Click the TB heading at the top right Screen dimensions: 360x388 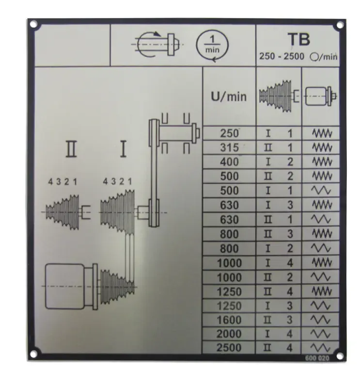[298, 40]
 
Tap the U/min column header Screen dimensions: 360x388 [229, 97]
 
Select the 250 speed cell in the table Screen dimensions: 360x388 [229, 133]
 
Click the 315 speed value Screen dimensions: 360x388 [229, 148]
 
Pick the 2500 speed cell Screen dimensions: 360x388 [229, 348]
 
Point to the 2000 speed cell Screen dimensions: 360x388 [229, 334]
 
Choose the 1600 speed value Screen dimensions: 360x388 [229, 320]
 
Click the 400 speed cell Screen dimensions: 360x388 [229, 162]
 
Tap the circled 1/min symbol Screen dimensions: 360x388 [212, 45]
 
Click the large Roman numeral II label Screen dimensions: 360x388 [71, 149]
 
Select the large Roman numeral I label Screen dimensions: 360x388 [123, 149]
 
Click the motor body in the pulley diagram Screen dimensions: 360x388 [65, 287]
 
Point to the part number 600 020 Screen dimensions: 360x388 [317, 358]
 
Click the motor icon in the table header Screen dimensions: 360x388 [321, 96]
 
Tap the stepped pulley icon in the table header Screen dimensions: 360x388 [279, 96]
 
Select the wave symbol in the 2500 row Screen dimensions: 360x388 [320, 348]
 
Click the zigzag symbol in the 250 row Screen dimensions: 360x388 [322, 133]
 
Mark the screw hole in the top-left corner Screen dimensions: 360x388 [33, 24]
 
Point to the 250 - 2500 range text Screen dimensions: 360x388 [282, 56]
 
